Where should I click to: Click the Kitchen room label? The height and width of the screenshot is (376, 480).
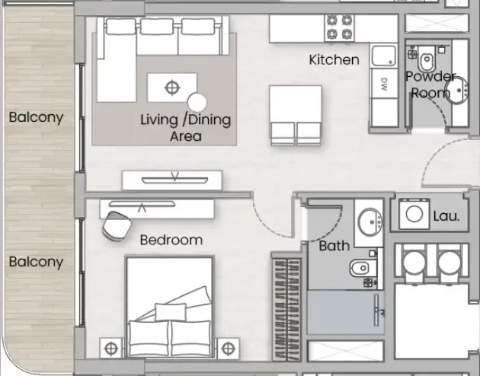[334, 59]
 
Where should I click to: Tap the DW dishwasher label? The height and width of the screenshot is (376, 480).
[384, 84]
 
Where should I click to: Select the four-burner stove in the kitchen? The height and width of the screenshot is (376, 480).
[339, 27]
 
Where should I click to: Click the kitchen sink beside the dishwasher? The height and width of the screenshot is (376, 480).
[384, 56]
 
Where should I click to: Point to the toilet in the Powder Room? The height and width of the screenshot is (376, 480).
[426, 59]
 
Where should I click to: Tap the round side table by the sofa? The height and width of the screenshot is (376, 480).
[197, 103]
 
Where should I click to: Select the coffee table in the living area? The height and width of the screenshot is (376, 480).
[171, 88]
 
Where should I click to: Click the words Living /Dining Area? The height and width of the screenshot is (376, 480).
[185, 128]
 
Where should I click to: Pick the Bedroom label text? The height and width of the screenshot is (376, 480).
[171, 240]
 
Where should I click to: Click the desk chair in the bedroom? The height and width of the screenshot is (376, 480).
[117, 226]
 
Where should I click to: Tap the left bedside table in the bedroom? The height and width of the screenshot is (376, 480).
[110, 348]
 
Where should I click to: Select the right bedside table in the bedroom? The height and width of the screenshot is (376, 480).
[228, 348]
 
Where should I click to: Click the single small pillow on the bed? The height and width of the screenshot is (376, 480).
[171, 312]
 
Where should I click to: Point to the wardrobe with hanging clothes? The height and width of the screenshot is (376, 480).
[286, 309]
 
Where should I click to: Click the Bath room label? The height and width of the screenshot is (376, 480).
[334, 246]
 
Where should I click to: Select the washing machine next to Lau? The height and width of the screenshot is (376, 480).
[414, 214]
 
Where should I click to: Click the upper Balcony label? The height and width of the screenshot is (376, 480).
[36, 117]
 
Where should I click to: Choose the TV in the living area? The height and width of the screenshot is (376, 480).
[174, 180]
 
